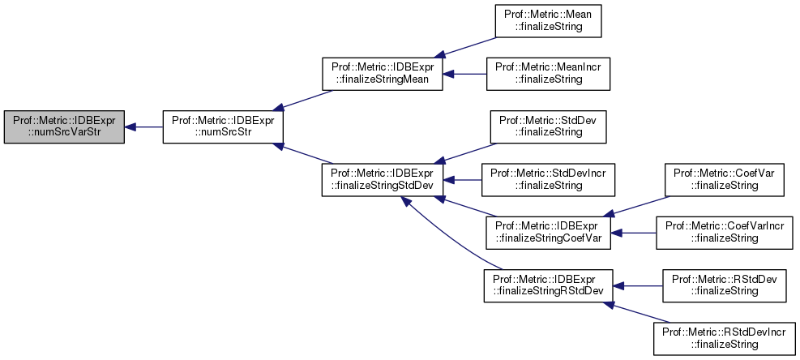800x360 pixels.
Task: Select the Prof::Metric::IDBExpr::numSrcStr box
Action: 222,127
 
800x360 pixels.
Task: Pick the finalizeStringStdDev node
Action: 383,178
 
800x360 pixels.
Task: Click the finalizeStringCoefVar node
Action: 547,232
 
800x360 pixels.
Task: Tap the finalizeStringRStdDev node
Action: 547,285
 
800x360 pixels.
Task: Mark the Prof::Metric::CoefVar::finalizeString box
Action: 725,178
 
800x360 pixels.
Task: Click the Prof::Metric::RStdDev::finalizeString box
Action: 725,285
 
